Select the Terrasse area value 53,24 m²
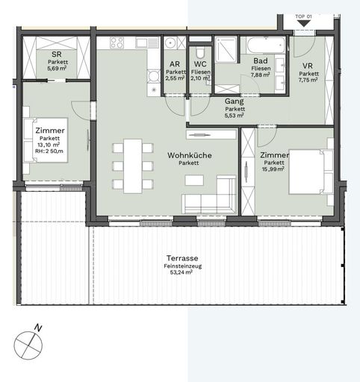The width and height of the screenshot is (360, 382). (179, 273)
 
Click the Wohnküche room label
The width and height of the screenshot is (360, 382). (190, 155)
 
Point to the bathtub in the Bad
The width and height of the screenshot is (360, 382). (262, 44)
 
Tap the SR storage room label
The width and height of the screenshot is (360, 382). (56, 55)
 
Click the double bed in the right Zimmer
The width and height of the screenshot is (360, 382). (307, 172)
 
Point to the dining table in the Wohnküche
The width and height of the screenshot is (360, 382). (133, 166)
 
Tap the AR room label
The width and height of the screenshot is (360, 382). (175, 65)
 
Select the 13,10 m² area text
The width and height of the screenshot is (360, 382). (50, 145)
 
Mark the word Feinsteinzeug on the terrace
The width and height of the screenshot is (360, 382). (179, 266)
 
